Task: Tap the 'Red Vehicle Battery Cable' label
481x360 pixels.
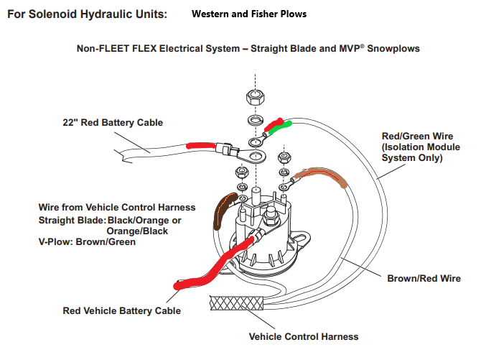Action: coord(121,310)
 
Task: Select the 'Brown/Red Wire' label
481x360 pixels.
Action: coord(424,278)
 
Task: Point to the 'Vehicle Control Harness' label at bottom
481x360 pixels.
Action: coord(303,336)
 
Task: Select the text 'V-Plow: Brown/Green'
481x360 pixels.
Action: coord(87,242)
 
